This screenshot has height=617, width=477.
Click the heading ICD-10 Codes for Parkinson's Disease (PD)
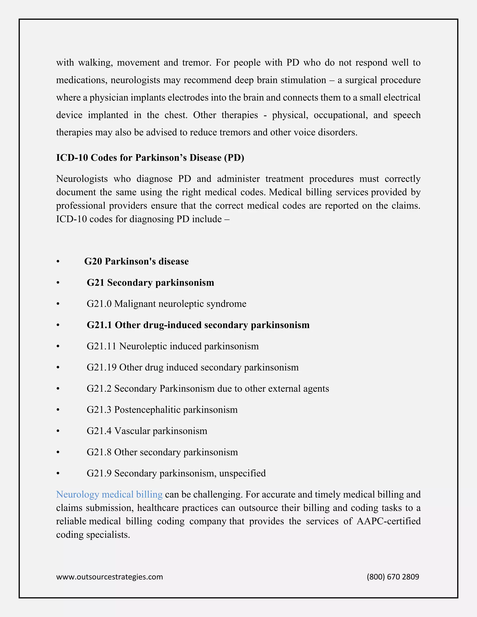[x=150, y=158]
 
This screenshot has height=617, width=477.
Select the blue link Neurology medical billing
[x=109, y=494]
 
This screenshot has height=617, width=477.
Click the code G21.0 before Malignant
[x=99, y=304]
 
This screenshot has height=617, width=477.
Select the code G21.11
[x=102, y=346]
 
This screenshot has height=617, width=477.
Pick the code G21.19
[x=102, y=367]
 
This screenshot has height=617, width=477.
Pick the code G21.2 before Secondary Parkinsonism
[x=99, y=388]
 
